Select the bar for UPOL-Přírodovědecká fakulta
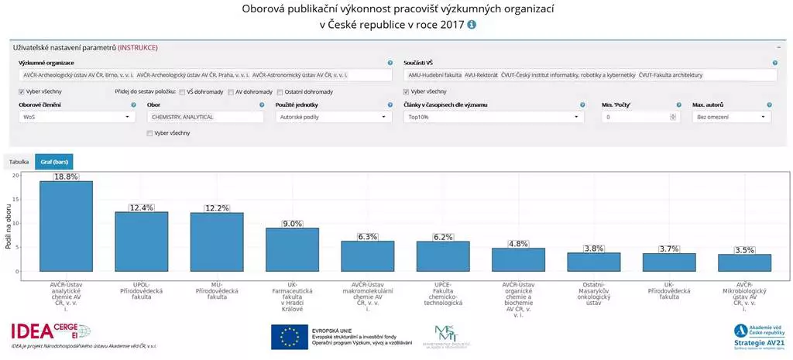pos(141,242)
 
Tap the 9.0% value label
pos(293,224)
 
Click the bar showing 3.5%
pos(744,262)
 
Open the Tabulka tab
pos(19,162)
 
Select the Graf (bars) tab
pos(53,162)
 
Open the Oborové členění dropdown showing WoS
pos(77,117)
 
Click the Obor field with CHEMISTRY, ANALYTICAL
pos(205,117)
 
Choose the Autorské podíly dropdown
pos(333,117)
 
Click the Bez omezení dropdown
pos(731,117)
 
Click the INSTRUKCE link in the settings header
pos(138,47)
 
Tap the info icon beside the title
pos(472,25)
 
